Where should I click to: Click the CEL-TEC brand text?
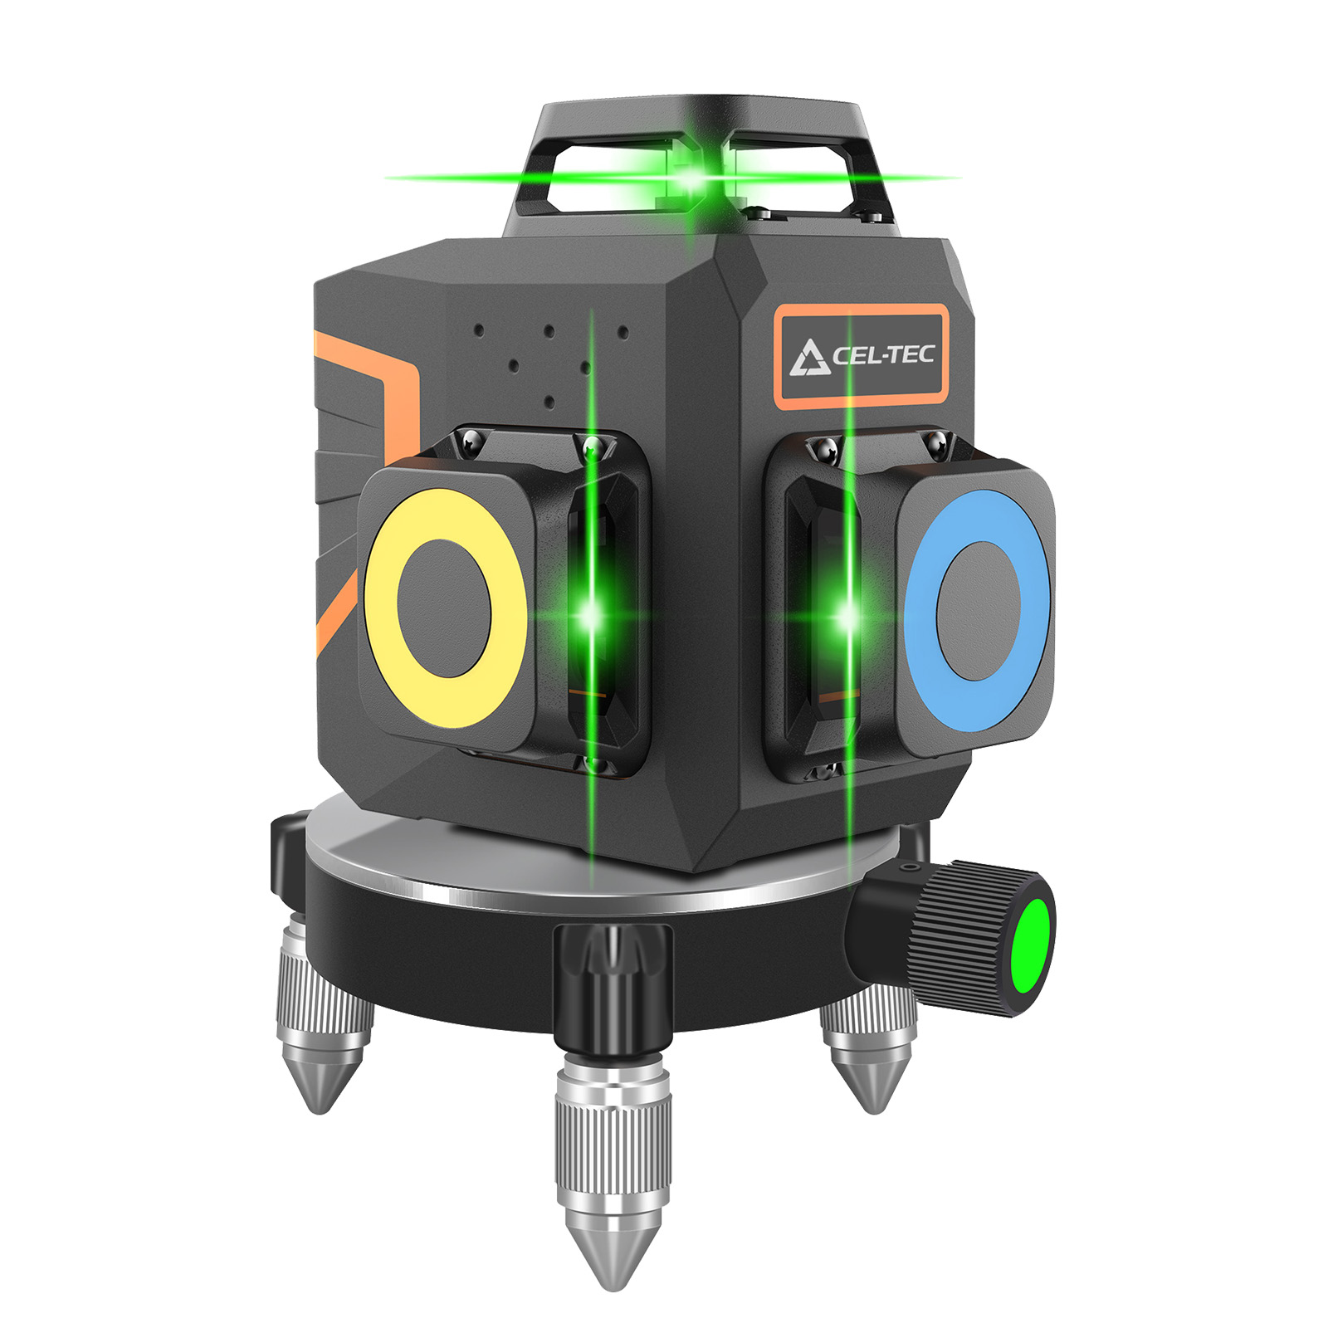pyautogui.click(x=883, y=356)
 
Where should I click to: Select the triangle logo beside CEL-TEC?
pyautogui.click(x=808, y=358)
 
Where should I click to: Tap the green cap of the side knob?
pyautogui.click(x=1033, y=946)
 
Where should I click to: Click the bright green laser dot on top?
pyautogui.click(x=689, y=177)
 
